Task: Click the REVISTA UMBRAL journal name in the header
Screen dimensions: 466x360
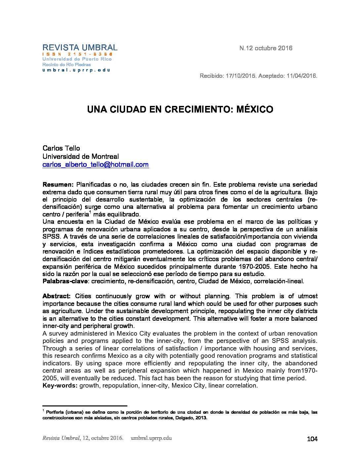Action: (80, 48)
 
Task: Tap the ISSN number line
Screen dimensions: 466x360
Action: (77, 54)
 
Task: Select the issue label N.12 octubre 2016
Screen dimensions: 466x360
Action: (266, 48)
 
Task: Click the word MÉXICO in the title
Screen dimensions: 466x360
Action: (254, 110)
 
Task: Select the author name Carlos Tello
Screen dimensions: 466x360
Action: (61, 148)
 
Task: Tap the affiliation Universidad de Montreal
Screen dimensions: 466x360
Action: (80, 157)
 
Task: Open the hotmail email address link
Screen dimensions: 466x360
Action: (96, 165)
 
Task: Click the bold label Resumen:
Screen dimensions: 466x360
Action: (58, 185)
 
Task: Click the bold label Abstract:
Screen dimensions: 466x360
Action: (57, 296)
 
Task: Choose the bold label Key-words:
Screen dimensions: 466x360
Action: (60, 386)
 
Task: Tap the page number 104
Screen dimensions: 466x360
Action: (312, 439)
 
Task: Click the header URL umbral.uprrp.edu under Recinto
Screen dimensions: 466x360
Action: (76, 70)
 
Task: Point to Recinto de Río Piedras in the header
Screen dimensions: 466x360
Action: (67, 65)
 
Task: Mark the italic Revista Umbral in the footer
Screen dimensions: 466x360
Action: (61, 438)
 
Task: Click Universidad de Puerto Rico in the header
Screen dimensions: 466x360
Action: (77, 59)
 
